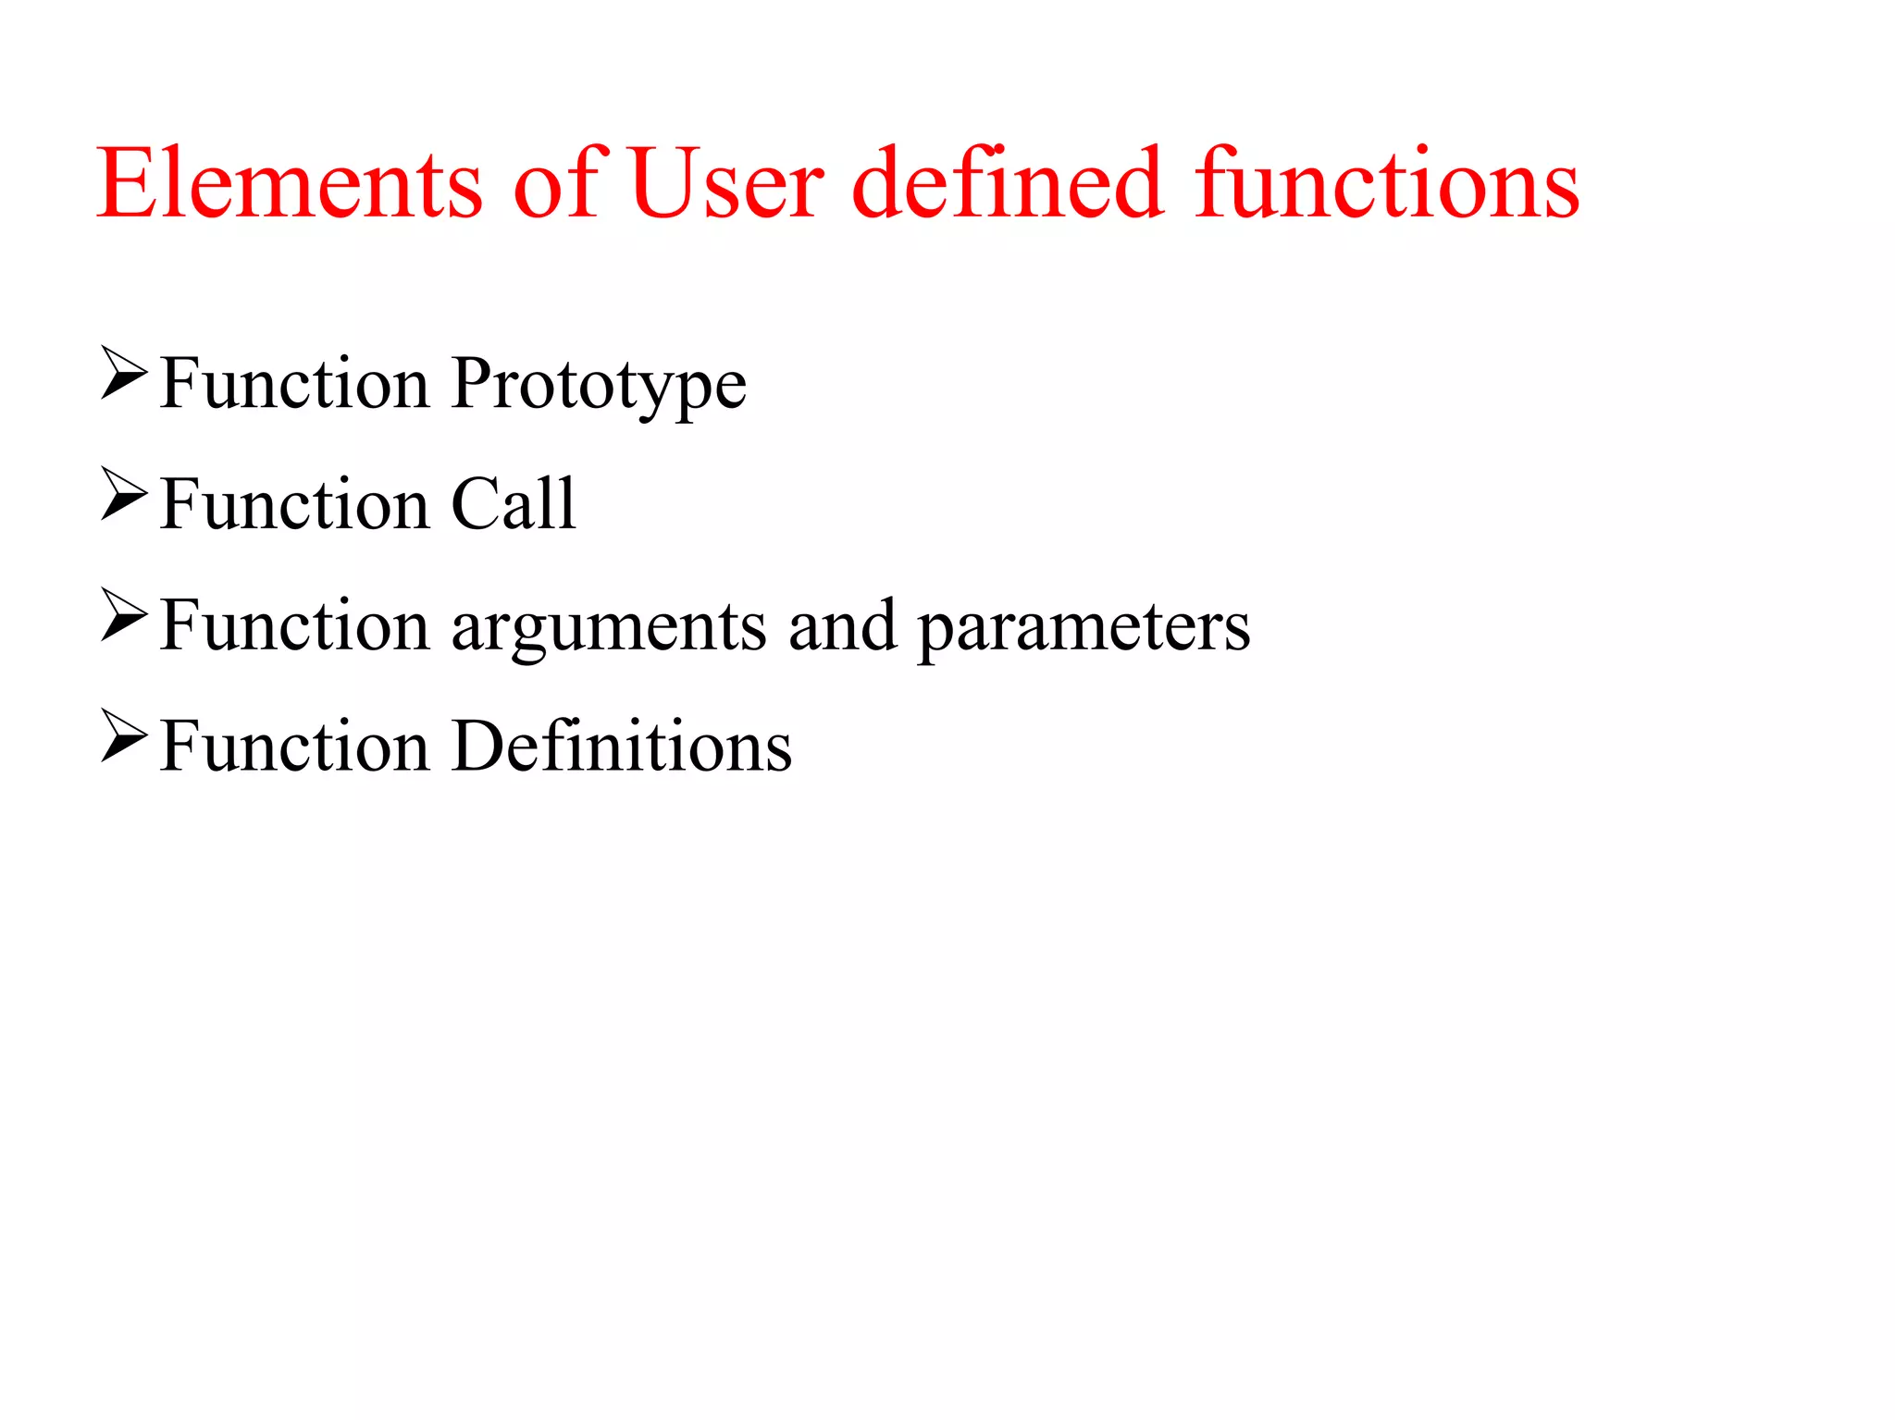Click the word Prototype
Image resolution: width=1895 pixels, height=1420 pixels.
[599, 384]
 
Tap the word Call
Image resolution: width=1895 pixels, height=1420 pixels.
[514, 504]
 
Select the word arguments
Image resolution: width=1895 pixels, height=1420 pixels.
[608, 627]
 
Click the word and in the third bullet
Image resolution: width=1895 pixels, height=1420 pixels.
[842, 625]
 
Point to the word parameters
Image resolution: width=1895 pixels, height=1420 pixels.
[1084, 627]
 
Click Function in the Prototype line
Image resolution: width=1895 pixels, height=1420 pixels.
[294, 383]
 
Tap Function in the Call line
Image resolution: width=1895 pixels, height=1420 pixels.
[294, 504]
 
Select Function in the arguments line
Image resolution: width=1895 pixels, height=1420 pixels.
[294, 625]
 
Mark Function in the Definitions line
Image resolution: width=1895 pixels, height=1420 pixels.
[294, 746]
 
